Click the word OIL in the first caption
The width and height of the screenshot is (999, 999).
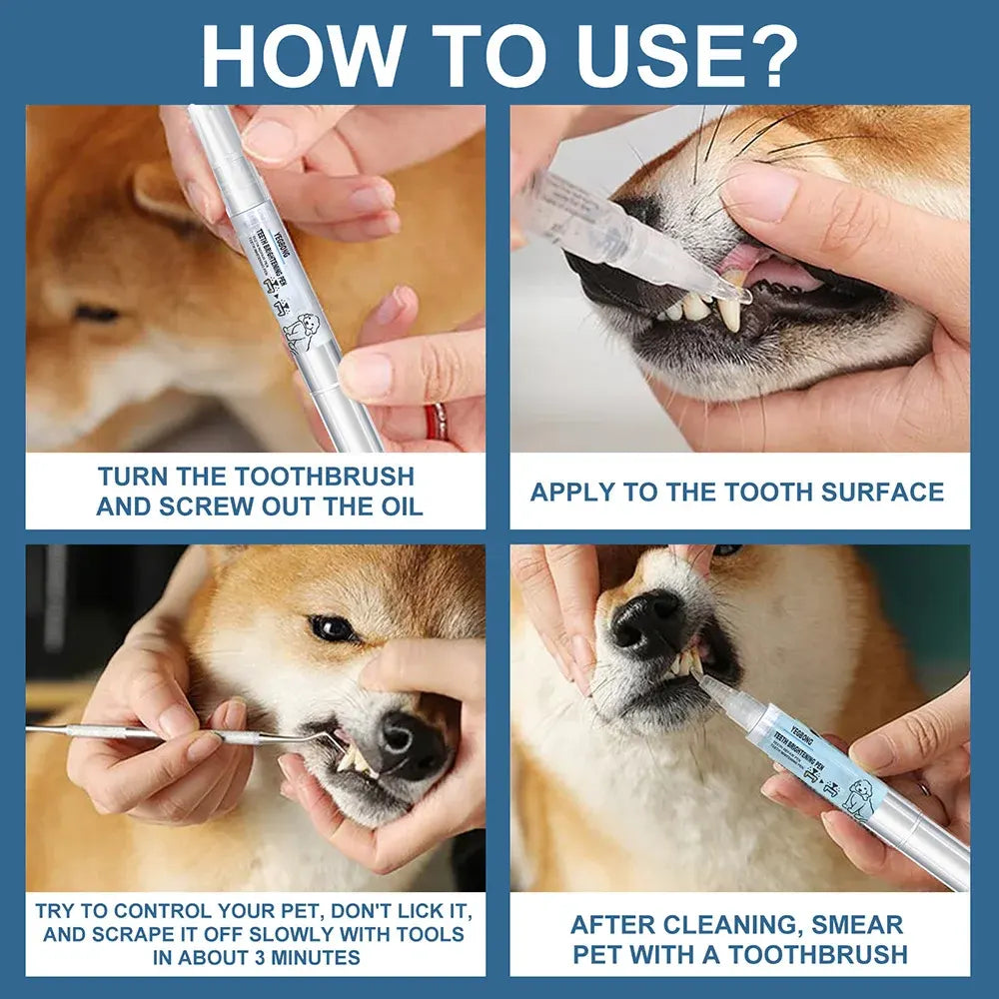[x=397, y=505]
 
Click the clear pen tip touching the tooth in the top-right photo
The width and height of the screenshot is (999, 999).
[x=736, y=293]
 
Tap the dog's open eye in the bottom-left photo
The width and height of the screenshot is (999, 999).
[x=333, y=628]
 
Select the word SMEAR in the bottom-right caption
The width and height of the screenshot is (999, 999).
[x=855, y=925]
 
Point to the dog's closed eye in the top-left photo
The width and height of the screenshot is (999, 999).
[x=97, y=314]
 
